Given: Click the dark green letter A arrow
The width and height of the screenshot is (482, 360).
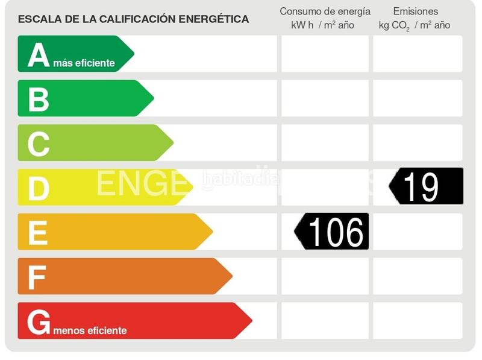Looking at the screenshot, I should pyautogui.click(x=72, y=54).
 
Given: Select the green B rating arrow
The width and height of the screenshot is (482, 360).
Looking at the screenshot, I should pyautogui.click(x=81, y=98).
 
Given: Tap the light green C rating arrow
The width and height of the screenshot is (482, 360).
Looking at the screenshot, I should pyautogui.click(x=90, y=143).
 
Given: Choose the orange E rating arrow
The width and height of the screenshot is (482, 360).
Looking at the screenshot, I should pyautogui.click(x=111, y=232).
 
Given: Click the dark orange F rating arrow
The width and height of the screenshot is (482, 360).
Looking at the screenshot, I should pyautogui.click(x=120, y=276).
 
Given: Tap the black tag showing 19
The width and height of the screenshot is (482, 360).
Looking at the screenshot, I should pyautogui.click(x=427, y=186).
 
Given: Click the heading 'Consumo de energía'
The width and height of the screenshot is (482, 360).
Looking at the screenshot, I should pyautogui.click(x=325, y=11).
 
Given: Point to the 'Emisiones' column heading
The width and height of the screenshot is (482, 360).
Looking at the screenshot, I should pyautogui.click(x=415, y=11).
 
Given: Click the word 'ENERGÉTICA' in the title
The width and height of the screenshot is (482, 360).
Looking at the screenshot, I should pyautogui.click(x=213, y=19).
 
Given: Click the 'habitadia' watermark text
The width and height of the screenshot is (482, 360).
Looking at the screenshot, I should pyautogui.click(x=241, y=178).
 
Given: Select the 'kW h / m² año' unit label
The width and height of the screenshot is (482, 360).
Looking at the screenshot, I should pyautogui.click(x=322, y=25).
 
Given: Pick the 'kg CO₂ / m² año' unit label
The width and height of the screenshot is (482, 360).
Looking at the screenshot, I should pyautogui.click(x=414, y=25).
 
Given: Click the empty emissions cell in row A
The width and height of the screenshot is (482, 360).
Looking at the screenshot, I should pyautogui.click(x=418, y=54).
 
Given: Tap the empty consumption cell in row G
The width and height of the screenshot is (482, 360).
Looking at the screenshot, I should pyautogui.click(x=325, y=321).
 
